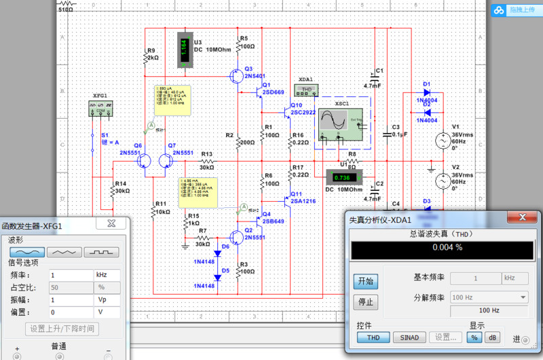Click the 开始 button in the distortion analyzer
pos(364,281)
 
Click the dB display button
pos(492,337)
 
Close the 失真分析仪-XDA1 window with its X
pos(523,218)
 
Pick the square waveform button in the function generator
pos(101,251)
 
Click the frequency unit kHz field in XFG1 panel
pos(107,275)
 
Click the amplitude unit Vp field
pos(107,300)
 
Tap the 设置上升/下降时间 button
pos(62,329)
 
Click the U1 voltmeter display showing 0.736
pos(341,178)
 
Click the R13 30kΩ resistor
pos(206,161)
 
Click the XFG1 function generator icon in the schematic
pos(99,107)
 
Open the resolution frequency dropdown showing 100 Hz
pos(489,297)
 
